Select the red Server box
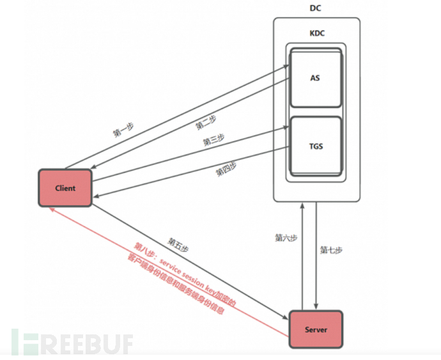point(316,330)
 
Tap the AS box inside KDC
point(315,79)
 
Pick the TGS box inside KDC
point(315,146)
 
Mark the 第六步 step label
point(286,238)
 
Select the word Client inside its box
point(65,188)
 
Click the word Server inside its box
point(316,330)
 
